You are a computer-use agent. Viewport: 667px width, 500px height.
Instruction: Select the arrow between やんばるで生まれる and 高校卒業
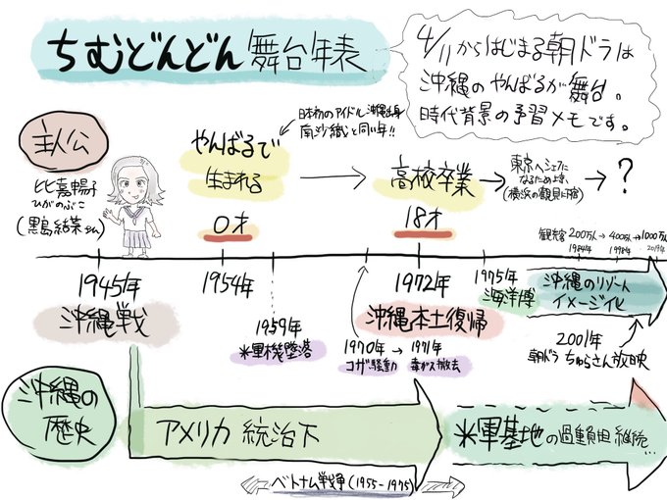tap(328, 179)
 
